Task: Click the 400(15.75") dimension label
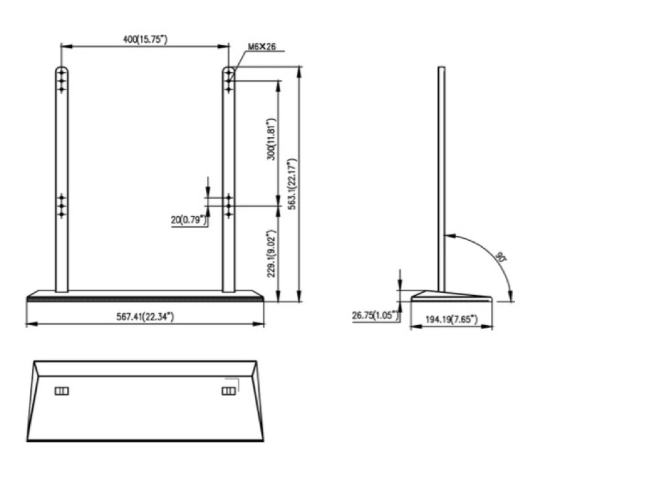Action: tap(145, 39)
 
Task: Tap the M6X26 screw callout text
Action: tap(262, 47)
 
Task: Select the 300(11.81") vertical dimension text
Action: tap(272, 139)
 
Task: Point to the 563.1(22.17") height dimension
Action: tap(292, 184)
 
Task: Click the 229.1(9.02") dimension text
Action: tap(272, 254)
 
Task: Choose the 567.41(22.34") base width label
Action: tap(145, 316)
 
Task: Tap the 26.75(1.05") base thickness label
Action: tap(375, 315)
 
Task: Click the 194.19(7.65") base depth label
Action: tap(452, 318)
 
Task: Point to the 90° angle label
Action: tap(501, 257)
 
